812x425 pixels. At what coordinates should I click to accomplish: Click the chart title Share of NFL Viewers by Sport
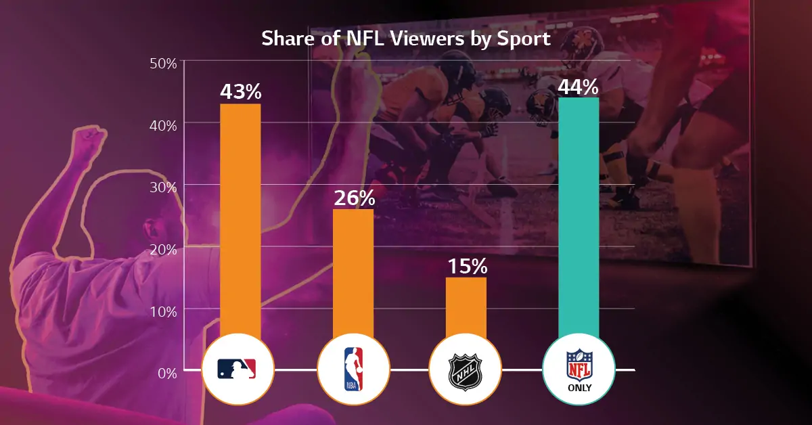pyautogui.click(x=406, y=39)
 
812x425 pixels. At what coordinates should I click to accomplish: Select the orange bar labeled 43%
pyautogui.click(x=240, y=217)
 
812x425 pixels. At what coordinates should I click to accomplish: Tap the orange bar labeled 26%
pyautogui.click(x=353, y=271)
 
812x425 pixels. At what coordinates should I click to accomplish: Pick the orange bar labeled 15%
pyautogui.click(x=466, y=305)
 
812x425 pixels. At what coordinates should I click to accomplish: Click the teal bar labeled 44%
pyautogui.click(x=579, y=217)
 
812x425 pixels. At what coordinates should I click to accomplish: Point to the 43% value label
pyautogui.click(x=240, y=91)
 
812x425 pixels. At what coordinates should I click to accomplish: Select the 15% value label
pyautogui.click(x=466, y=266)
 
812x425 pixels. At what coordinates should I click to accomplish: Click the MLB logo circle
pyautogui.click(x=238, y=370)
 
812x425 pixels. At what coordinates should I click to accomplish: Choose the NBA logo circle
pyautogui.click(x=353, y=370)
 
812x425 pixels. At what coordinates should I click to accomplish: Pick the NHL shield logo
pyautogui.click(x=465, y=371)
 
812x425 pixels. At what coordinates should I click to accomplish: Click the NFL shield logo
pyautogui.click(x=578, y=363)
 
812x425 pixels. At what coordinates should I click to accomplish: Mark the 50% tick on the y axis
pyautogui.click(x=162, y=62)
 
